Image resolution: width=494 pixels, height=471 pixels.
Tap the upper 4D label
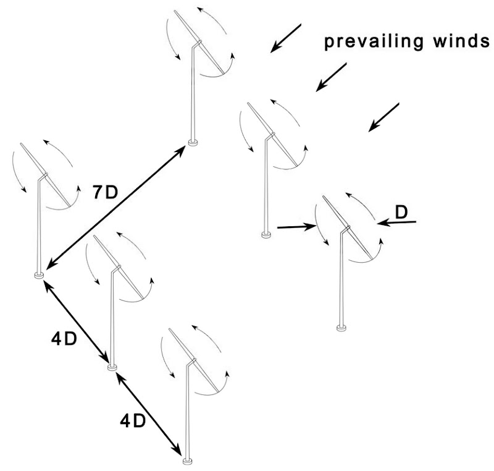click(x=64, y=339)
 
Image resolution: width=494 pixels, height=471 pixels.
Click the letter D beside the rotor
click(x=401, y=211)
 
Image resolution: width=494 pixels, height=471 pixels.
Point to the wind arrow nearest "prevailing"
click(x=285, y=37)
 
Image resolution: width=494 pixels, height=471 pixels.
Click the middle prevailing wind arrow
click(x=332, y=77)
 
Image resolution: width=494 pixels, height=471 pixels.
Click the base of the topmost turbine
click(x=193, y=143)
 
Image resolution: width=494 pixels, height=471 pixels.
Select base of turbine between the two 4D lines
click(x=112, y=367)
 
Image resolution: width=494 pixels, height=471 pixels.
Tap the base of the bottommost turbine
click(x=186, y=460)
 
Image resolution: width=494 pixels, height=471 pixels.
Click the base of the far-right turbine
click(x=340, y=328)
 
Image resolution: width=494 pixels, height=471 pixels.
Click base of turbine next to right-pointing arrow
click(x=266, y=235)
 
